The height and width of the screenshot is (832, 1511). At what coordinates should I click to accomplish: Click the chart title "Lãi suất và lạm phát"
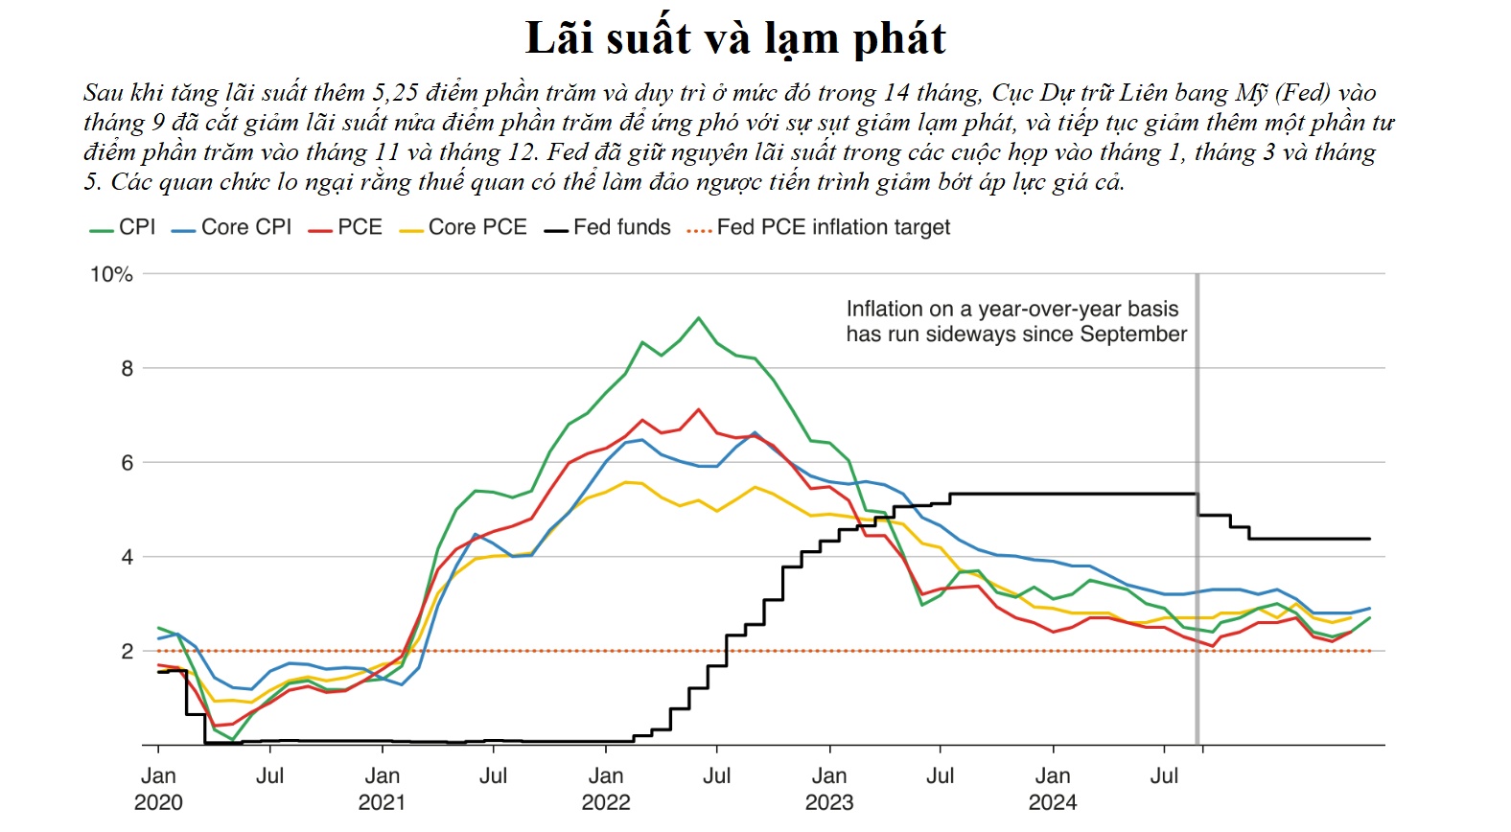[735, 39]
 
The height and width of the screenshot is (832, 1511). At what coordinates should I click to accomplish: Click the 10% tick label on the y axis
[111, 274]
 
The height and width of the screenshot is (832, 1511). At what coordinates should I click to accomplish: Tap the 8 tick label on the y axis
[127, 368]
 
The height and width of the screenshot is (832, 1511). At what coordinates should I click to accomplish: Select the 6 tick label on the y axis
[127, 463]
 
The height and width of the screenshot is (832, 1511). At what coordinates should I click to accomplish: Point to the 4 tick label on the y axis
[127, 557]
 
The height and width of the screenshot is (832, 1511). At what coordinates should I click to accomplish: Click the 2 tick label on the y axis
[127, 651]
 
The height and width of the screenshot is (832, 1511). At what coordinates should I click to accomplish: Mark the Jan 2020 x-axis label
[158, 789]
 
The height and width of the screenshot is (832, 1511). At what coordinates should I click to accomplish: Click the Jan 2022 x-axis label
[606, 789]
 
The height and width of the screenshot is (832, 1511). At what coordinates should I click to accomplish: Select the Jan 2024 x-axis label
[1053, 789]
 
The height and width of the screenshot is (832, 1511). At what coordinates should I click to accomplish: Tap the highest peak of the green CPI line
[698, 318]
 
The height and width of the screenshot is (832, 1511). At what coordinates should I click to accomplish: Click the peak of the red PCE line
[699, 410]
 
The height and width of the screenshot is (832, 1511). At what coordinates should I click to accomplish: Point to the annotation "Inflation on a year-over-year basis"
[1011, 309]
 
